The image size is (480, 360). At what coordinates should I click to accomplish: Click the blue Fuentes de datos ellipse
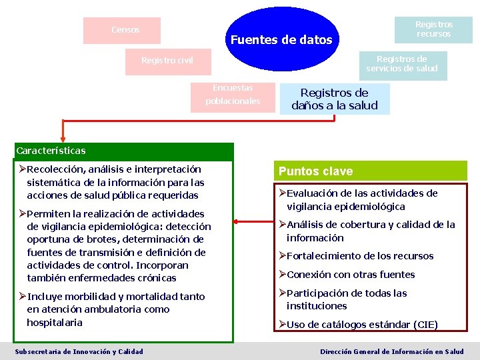281,39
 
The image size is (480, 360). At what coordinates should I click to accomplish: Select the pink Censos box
122,30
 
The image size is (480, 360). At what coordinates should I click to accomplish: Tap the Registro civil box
167,61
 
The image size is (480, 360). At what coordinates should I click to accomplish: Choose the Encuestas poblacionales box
233,95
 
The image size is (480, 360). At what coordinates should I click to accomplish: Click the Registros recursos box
433,29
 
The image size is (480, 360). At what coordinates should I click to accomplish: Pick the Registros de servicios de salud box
403,64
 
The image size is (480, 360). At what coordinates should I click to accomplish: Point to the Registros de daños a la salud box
334,99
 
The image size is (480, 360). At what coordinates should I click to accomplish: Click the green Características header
51,151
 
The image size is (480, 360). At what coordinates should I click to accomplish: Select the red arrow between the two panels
253,222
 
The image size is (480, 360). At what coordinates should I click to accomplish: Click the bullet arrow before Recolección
23,169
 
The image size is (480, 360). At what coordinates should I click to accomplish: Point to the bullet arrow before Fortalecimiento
282,256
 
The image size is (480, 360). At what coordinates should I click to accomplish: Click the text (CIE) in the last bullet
425,325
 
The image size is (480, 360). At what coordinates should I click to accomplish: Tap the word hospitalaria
54,322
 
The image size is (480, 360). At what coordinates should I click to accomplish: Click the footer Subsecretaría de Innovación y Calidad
79,351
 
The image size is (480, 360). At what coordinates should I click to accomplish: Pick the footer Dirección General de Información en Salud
392,351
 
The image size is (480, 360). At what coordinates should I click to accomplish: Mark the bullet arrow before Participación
282,293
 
